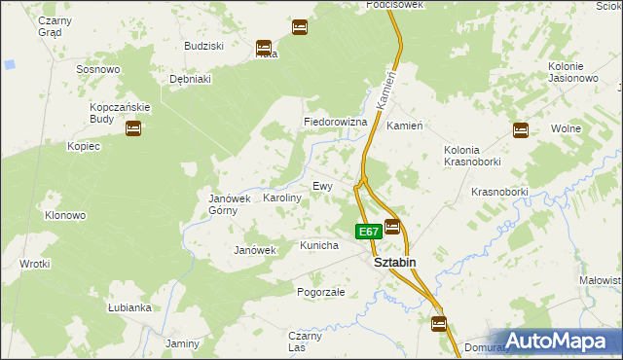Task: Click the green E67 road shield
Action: coord(367,232)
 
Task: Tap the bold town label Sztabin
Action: coord(396,262)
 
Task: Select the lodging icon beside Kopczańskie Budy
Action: coord(133,127)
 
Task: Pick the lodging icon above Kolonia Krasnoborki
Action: coord(521,128)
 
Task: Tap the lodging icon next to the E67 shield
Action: coord(392,227)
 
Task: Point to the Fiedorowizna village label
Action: coord(335,123)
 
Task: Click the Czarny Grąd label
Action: coord(49,25)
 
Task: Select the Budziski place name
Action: coord(204,46)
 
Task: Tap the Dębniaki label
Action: coord(191,79)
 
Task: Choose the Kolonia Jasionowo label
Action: coord(571,71)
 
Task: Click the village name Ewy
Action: coord(322,185)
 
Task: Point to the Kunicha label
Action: coord(319,245)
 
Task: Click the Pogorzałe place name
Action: coord(321,291)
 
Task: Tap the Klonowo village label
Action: coord(65,215)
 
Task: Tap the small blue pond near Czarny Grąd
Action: coord(9,64)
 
